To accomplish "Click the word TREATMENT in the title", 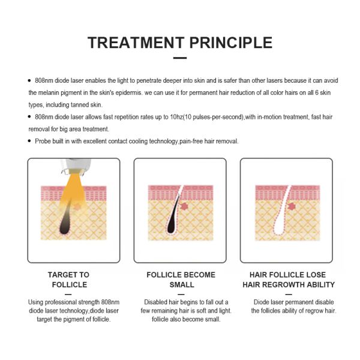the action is click(136, 43).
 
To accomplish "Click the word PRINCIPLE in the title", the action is click(231, 43).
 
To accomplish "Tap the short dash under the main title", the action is click(180, 58).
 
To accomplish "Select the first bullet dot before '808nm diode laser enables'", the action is click(29, 80).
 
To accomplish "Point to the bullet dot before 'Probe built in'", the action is click(29, 141).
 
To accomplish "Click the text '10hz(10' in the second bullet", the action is click(181, 117).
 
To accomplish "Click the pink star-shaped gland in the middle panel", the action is click(184, 206).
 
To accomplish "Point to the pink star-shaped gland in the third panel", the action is click(291, 206).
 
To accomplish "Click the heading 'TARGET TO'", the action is click(68, 275).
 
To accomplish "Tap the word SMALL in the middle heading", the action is click(182, 284).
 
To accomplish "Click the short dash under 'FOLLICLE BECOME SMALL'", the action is click(181, 294).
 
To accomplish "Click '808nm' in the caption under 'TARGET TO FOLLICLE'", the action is click(110, 302).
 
